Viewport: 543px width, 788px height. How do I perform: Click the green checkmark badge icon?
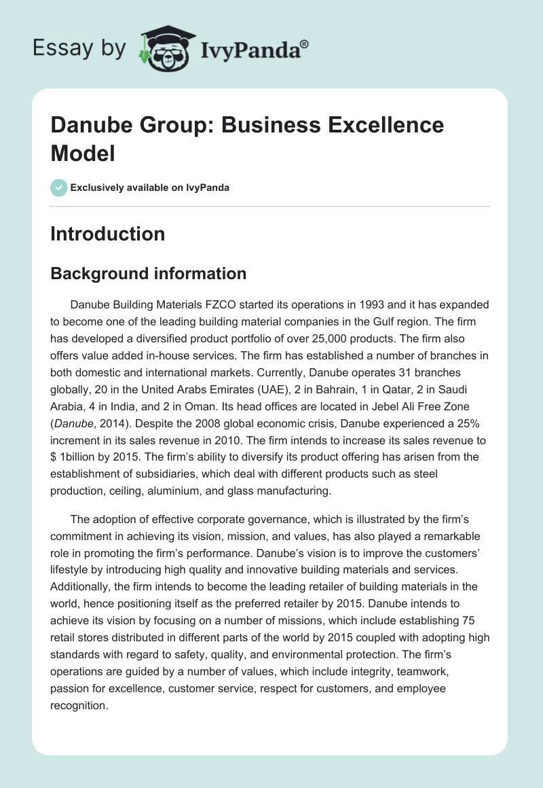click(59, 187)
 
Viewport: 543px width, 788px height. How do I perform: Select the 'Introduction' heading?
click(107, 234)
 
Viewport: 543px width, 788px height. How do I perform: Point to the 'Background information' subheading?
click(148, 274)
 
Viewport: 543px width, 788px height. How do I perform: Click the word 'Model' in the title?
click(82, 153)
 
